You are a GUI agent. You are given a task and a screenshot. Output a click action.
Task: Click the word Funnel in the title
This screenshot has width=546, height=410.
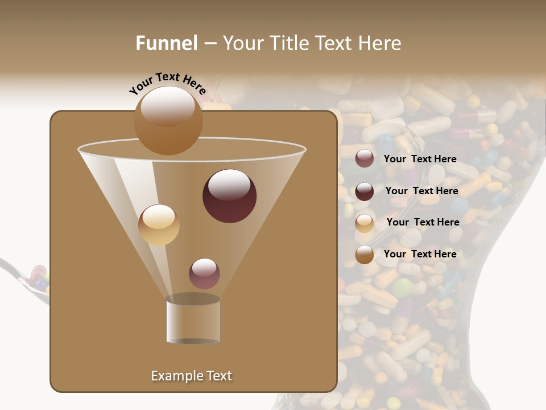167,43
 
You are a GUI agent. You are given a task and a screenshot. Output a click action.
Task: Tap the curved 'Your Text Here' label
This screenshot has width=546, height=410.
167,83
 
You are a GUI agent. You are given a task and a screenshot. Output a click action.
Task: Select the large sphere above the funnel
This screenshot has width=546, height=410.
168,120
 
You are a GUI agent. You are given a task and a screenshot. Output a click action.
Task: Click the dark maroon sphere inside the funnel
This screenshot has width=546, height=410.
229,195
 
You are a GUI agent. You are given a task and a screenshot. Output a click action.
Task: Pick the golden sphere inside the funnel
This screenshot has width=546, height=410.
159,225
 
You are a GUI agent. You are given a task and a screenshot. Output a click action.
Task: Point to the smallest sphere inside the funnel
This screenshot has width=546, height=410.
204,273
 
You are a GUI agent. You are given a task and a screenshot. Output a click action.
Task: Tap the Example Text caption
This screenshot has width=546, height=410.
191,376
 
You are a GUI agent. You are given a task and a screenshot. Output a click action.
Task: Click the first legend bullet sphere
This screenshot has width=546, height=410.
365,159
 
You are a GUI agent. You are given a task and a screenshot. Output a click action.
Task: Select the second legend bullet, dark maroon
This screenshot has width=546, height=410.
365,191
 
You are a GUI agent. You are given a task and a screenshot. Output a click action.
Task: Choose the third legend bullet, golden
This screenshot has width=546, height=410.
365,223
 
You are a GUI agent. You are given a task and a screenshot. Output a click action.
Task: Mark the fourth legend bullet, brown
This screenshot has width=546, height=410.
365,255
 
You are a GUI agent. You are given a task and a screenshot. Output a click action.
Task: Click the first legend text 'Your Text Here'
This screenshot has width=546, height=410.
420,159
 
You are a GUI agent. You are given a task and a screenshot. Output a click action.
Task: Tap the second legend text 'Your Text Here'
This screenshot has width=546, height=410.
421,191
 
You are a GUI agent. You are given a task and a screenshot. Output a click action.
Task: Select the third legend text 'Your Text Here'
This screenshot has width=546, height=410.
423,222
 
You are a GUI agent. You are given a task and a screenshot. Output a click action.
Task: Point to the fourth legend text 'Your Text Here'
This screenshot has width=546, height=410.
420,254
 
